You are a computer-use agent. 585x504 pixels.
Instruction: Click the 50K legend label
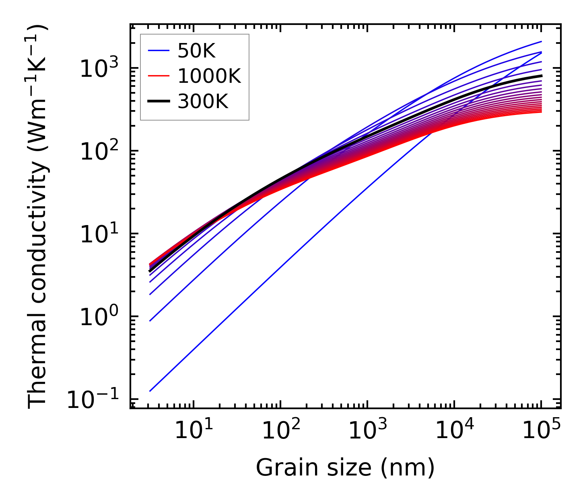[196, 51]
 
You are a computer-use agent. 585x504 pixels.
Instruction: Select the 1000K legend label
[209, 76]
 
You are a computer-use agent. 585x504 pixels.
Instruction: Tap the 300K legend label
[203, 102]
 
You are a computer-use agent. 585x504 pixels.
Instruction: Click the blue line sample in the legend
[159, 51]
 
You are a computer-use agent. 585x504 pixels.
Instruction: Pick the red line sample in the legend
[159, 76]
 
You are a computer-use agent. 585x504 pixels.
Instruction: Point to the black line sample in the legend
[159, 102]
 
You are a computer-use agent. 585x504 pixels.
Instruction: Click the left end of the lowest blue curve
[150, 391]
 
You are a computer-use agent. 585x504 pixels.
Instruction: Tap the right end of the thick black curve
[541, 76]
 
